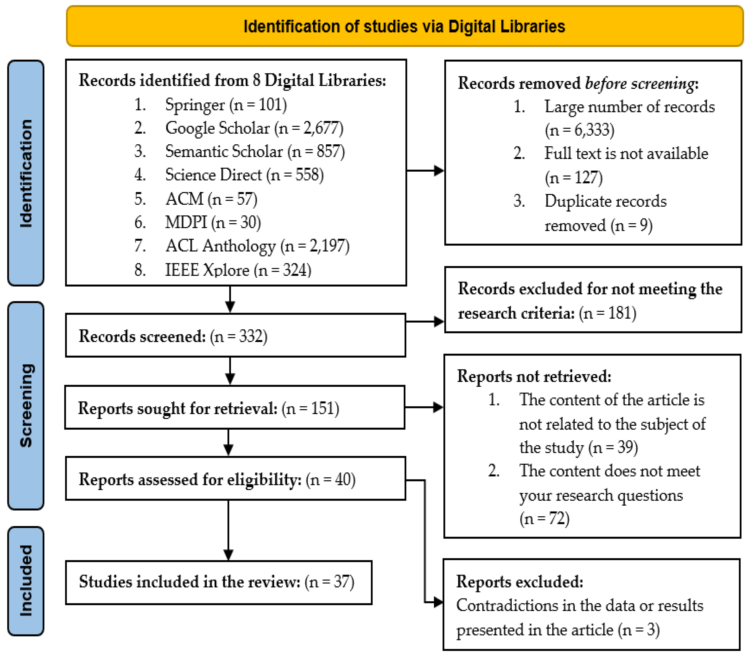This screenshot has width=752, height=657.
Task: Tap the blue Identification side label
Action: [26, 173]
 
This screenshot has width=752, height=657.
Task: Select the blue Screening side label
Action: [26, 406]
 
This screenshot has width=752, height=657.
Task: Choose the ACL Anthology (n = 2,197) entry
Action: [257, 246]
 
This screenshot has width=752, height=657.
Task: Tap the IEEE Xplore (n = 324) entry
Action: [238, 270]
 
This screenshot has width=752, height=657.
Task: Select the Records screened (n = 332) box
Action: [235, 335]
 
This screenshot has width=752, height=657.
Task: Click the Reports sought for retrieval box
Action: [235, 407]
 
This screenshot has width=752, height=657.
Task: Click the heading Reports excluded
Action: [519, 582]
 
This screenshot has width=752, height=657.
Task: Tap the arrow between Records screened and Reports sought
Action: [230, 371]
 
